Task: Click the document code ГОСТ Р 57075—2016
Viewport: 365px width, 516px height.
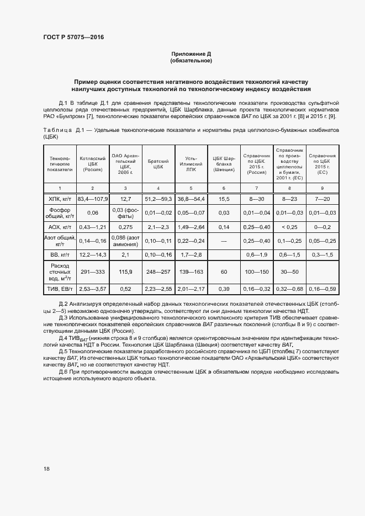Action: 73,37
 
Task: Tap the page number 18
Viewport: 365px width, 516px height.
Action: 47,469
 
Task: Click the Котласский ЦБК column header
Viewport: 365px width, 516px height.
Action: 92,164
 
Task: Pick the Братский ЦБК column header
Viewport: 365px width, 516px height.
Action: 158,164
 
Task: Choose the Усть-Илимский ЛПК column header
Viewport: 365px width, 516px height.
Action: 191,164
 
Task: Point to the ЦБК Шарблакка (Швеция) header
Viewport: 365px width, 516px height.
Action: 224,164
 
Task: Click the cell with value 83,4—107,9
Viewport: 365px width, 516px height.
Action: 92,198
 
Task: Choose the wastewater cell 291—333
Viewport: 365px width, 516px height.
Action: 92,272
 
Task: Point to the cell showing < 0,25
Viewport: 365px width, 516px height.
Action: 289,227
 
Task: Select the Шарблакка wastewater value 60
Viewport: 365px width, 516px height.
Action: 224,272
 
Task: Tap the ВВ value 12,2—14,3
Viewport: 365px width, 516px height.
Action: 92,254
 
